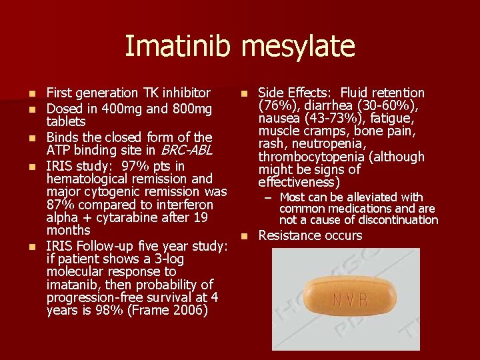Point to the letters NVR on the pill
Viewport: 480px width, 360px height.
(351, 299)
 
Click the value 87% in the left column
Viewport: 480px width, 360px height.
(61, 205)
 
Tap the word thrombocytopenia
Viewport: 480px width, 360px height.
(312, 157)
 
